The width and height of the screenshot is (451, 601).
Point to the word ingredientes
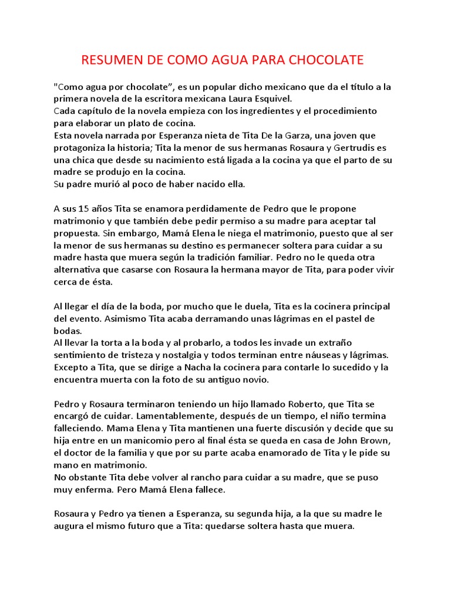pyautogui.click(x=247, y=111)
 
